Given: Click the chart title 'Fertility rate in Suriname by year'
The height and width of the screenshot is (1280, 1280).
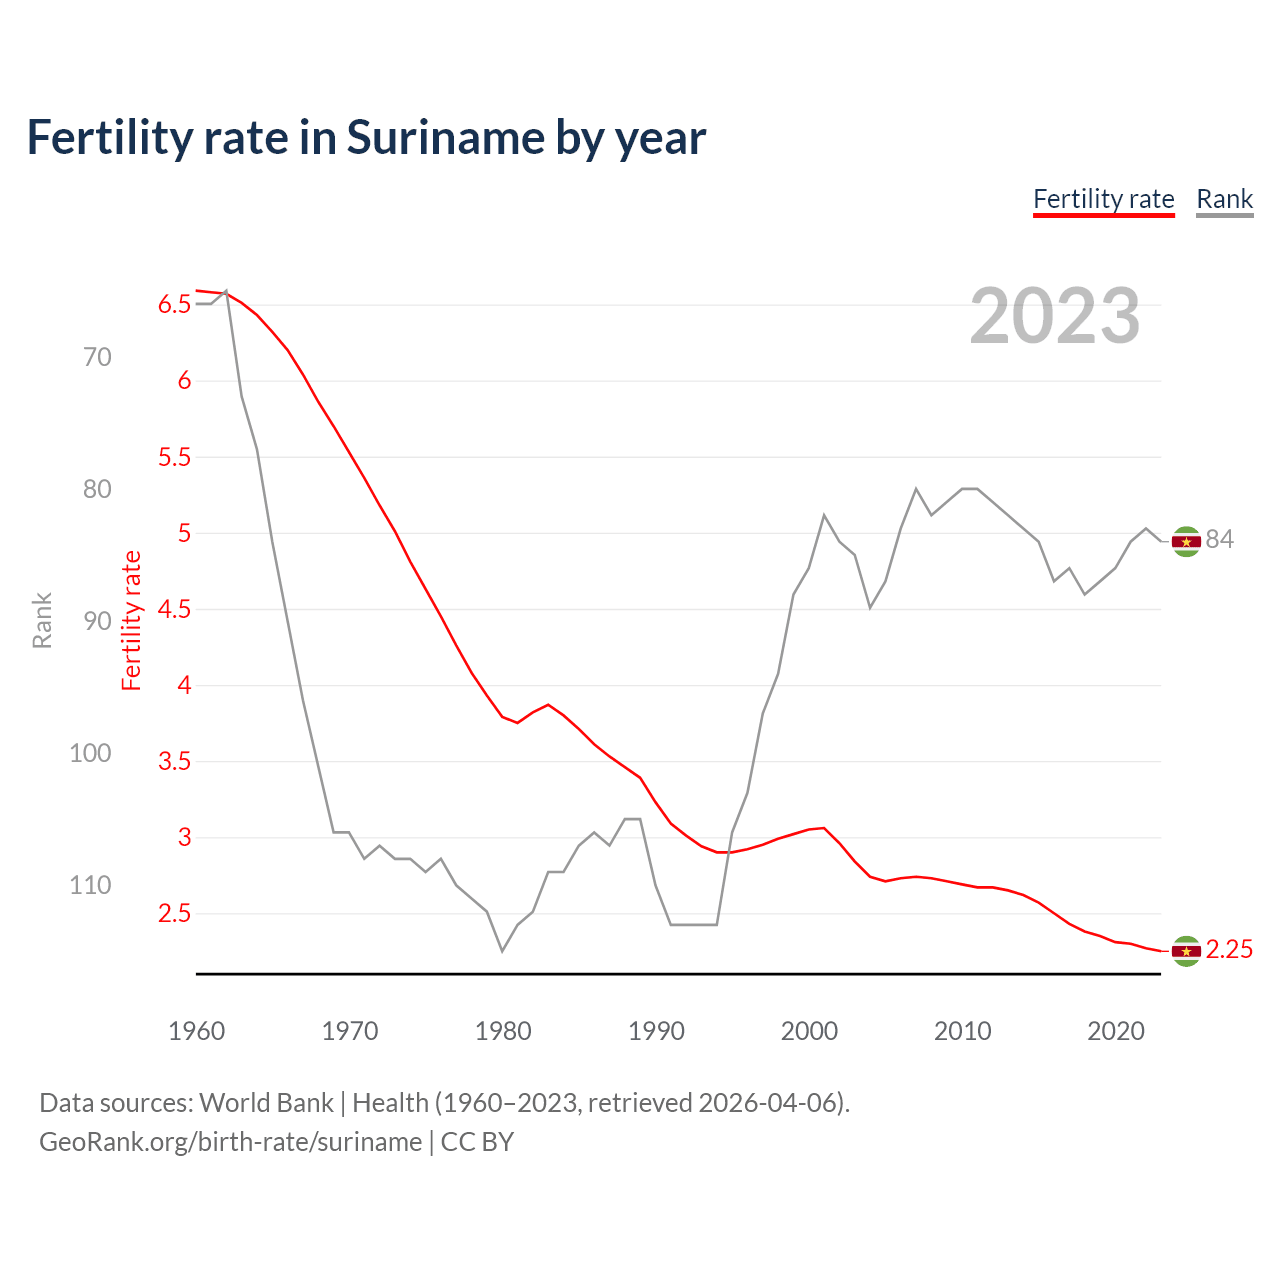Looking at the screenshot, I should pos(366,138).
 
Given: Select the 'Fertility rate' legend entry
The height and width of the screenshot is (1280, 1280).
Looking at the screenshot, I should pos(1103,199).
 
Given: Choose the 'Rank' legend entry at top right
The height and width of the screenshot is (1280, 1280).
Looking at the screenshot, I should pos(1224,199).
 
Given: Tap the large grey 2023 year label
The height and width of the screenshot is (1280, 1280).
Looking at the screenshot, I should pos(1055,316).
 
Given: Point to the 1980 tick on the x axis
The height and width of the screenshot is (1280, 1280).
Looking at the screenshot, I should pos(503,1031).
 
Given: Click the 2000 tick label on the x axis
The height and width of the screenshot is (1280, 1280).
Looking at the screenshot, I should pos(809,1031).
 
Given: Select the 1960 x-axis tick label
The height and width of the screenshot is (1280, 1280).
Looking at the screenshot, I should pos(197,1031).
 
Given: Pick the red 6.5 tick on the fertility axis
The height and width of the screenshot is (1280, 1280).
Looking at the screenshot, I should pos(174,305).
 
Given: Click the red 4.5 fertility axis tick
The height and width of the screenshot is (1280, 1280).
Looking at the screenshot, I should pos(174,609).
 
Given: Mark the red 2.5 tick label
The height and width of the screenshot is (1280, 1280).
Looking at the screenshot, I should pos(174,914).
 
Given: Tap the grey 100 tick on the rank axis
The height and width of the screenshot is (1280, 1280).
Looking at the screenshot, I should pos(90,753).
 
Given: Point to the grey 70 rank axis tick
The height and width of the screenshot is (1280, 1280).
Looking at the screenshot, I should pos(97,357).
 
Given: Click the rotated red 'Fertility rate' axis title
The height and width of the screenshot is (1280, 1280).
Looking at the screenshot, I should pos(132,620).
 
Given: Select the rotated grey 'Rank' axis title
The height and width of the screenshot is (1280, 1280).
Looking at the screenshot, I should pos(42,620).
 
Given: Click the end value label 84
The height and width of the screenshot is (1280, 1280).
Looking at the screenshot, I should pos(1219,540).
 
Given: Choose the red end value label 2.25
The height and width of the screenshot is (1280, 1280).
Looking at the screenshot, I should pos(1229,950).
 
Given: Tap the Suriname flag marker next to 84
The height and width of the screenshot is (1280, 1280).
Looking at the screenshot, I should pos(1186,541).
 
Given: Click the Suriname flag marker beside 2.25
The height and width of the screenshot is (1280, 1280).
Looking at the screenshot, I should pos(1186,951).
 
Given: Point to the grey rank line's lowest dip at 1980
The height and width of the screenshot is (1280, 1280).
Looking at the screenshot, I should pos(502,950).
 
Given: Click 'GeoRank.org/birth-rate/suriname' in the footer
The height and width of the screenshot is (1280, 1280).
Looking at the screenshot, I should pos(230,1142).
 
